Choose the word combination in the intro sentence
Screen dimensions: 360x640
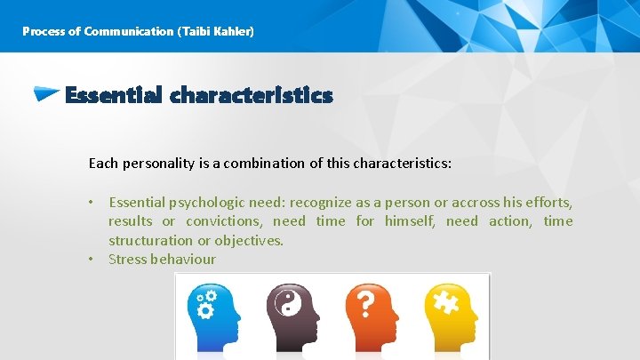(273, 164)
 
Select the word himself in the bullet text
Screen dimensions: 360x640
(408, 221)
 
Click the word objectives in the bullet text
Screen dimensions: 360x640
(252, 240)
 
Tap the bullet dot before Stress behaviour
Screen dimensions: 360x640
(92, 260)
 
